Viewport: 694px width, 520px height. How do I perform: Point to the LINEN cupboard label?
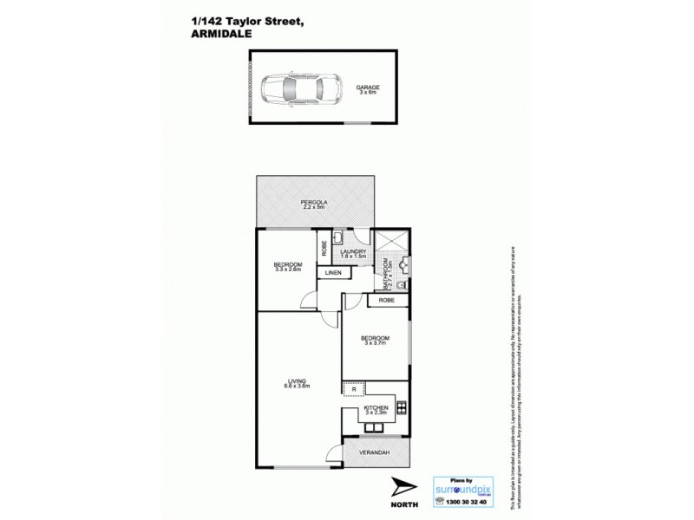[334, 274]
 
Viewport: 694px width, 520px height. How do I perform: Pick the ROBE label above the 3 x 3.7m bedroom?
[386, 301]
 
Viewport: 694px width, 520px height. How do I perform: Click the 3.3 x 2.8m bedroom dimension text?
[287, 270]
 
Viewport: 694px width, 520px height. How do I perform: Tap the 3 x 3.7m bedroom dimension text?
[376, 343]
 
